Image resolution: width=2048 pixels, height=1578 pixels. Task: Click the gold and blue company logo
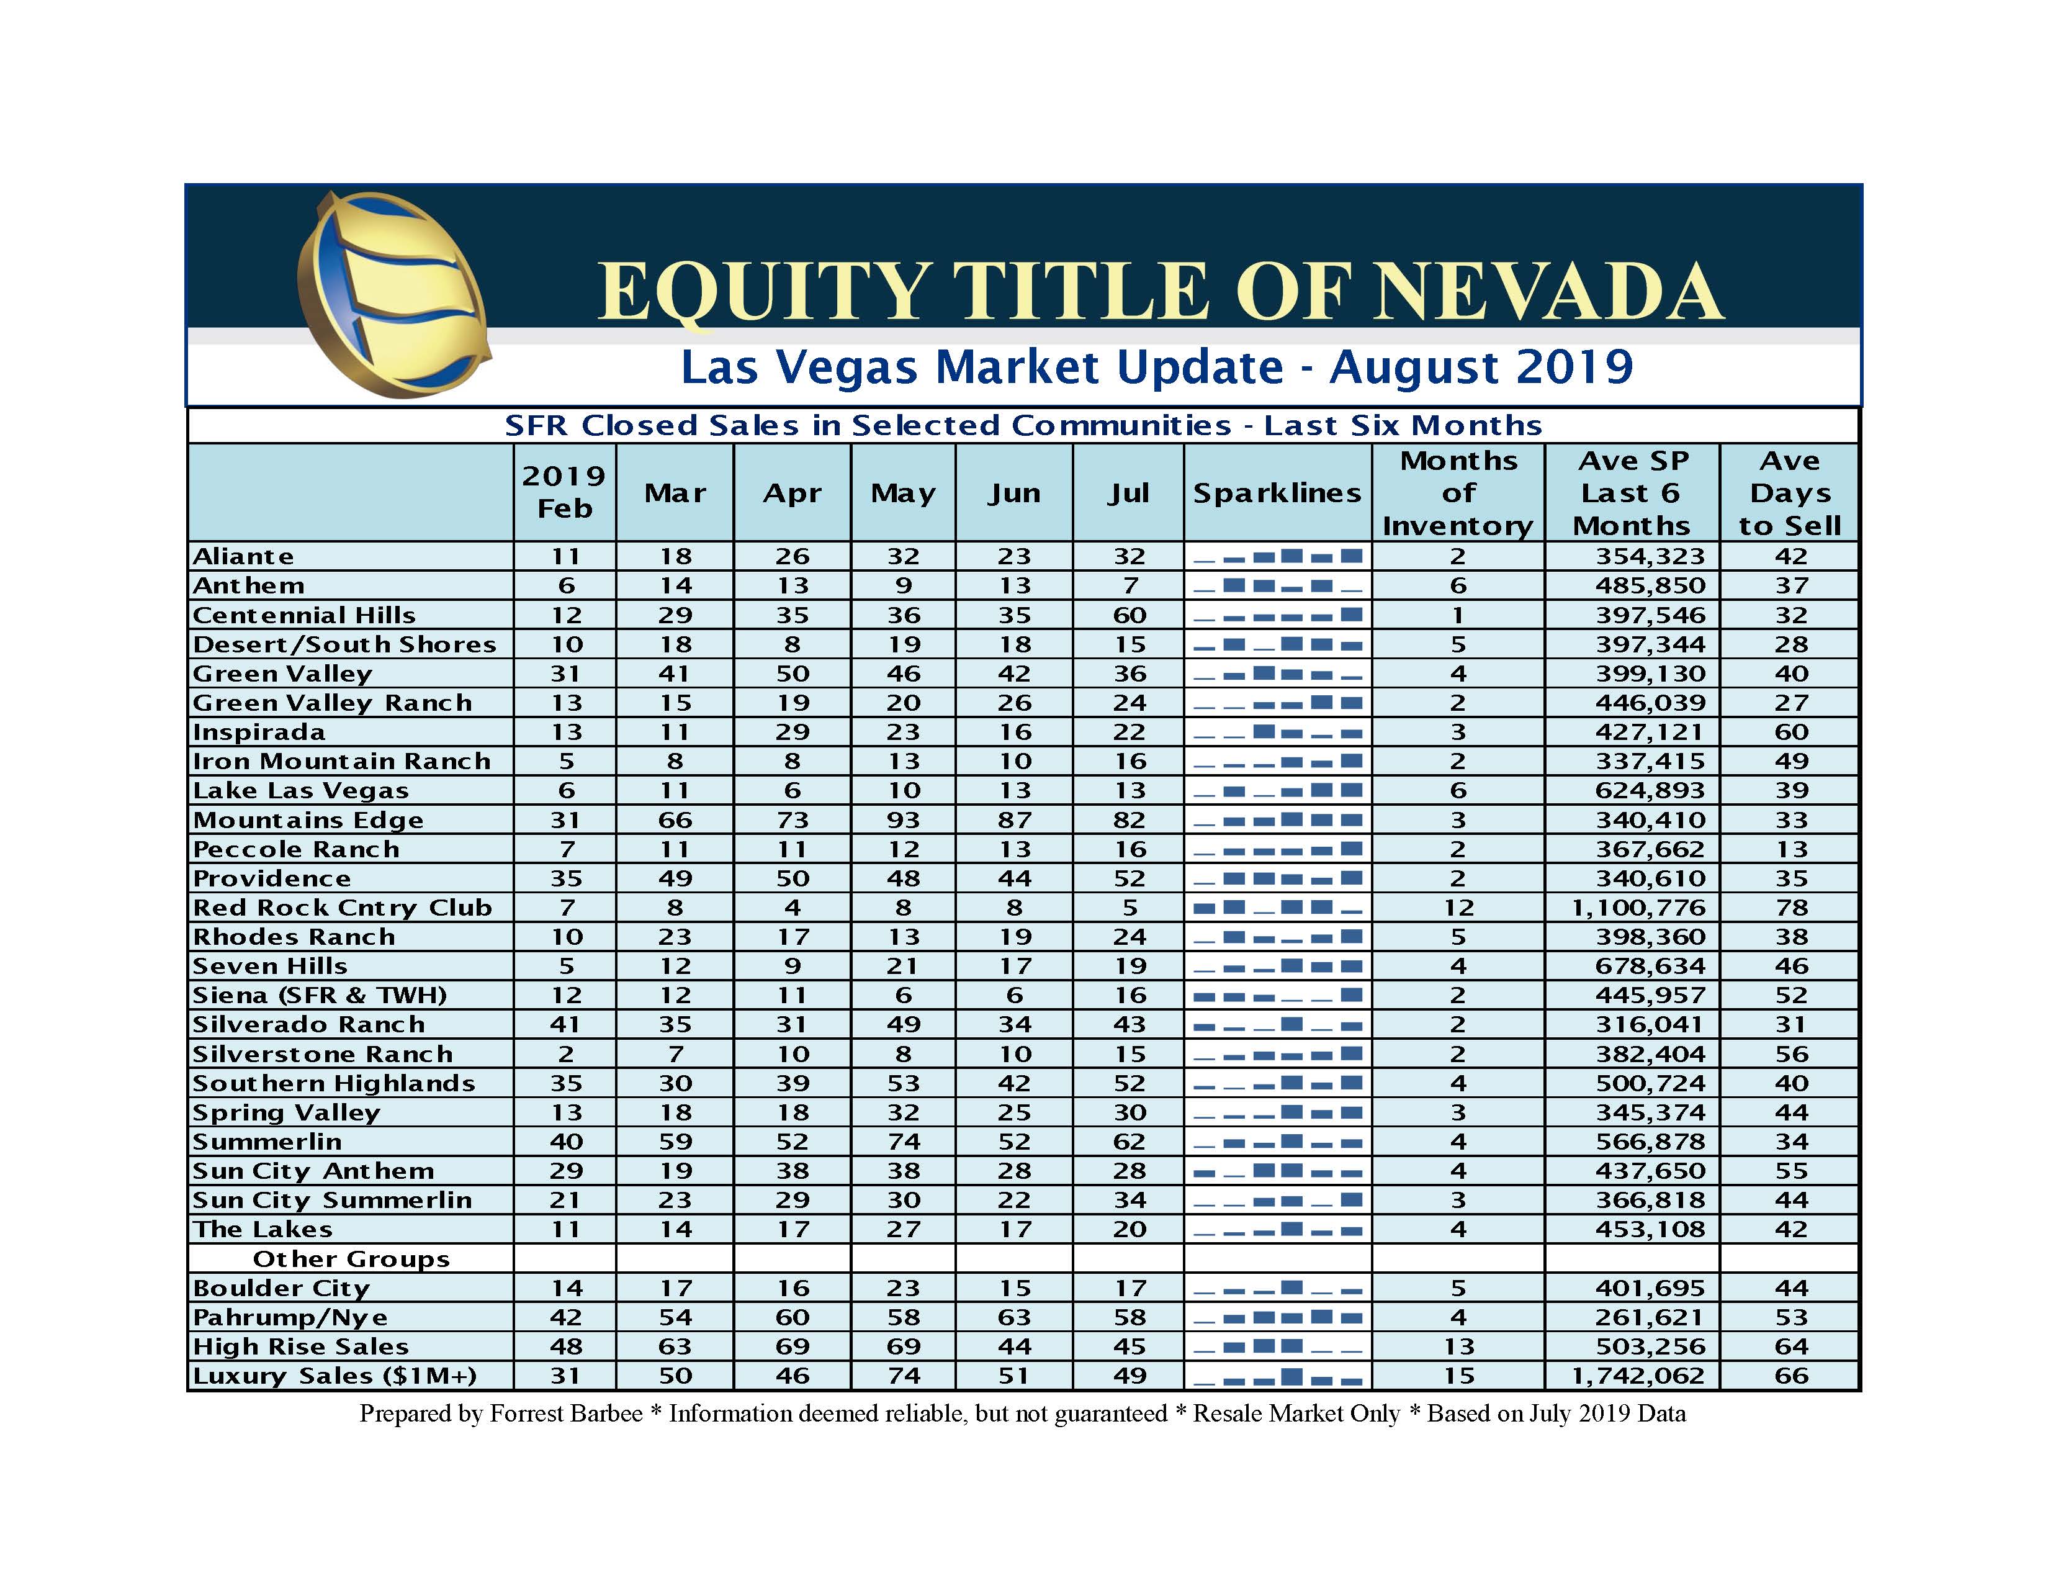pyautogui.click(x=394, y=295)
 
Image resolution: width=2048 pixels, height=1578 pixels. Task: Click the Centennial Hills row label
pyautogui.click(x=304, y=615)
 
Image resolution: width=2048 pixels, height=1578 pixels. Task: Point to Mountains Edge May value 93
pyautogui.click(x=903, y=820)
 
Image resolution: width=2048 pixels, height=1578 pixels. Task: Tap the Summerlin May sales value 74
pyautogui.click(x=903, y=1142)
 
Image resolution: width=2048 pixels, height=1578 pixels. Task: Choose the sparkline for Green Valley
pyautogui.click(x=1277, y=674)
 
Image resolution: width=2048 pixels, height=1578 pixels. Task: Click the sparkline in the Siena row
pyautogui.click(x=1277, y=995)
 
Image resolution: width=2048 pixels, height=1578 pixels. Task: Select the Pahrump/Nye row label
pyautogui.click(x=290, y=1317)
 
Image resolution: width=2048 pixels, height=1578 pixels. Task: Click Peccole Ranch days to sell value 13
pyautogui.click(x=1790, y=849)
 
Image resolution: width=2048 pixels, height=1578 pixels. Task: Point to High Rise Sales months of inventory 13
pyautogui.click(x=1458, y=1347)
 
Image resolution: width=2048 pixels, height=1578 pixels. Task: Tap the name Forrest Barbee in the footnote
pyautogui.click(x=567, y=1414)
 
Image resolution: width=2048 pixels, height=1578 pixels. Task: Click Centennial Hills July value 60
pyautogui.click(x=1129, y=615)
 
